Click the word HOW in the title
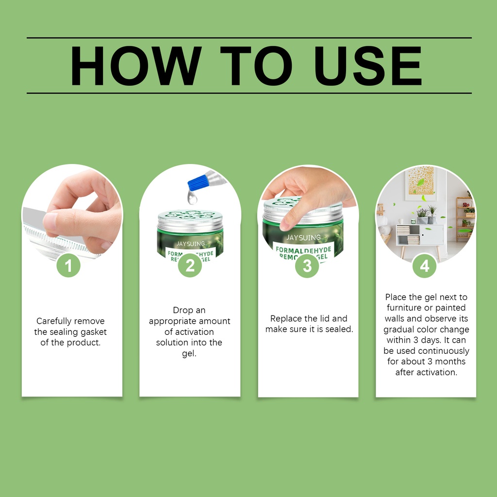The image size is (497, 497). tap(136, 66)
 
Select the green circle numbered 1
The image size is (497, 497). tap(68, 265)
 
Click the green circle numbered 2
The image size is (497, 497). tap(190, 265)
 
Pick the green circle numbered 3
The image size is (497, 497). tap(307, 265)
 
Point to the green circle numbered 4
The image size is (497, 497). tap(424, 265)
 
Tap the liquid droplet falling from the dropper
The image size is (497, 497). tap(192, 198)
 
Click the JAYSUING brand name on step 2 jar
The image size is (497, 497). tap(190, 244)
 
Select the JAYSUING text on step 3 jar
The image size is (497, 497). tap(304, 237)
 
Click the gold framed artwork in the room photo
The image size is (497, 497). tap(421, 181)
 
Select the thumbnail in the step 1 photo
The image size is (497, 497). tap(50, 221)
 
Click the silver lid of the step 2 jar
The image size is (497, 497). tap(190, 220)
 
